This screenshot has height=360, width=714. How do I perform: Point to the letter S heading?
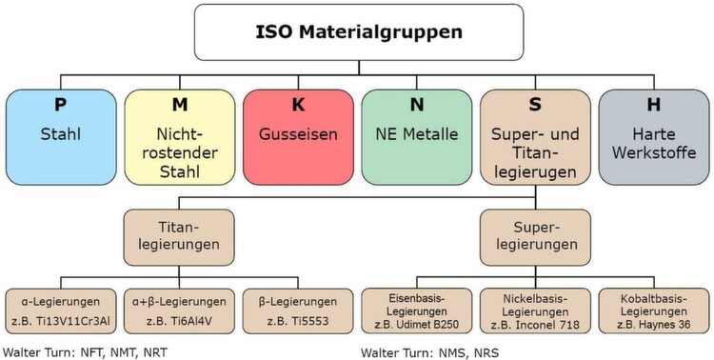[x=534, y=102]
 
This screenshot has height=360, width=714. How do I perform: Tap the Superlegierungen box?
[x=534, y=236]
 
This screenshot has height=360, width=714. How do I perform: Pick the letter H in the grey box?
[x=653, y=102]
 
